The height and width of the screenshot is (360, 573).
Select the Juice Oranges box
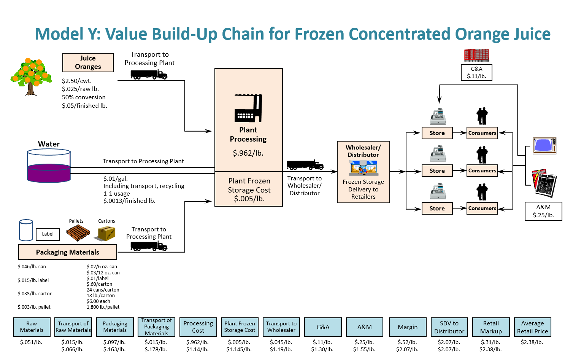pos(88,62)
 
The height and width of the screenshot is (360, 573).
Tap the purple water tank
pos(49,166)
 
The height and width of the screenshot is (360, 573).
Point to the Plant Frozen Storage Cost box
pos(249,190)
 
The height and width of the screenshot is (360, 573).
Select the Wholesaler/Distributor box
pos(363,172)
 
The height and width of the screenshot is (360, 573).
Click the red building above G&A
pos(476,55)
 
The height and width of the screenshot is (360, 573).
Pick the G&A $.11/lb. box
pos(476,72)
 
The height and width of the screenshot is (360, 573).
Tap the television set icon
pos(544,146)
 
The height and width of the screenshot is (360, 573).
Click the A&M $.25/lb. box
pos(543,211)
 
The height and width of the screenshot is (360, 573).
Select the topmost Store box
pos(437,133)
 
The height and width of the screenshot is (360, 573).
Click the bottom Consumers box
pos(482,209)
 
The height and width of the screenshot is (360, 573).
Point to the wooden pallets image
pos(78,233)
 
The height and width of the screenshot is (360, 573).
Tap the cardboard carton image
pos(106,233)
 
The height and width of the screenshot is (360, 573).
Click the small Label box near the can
pos(48,234)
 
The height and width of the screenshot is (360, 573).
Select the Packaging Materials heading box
pos(68,252)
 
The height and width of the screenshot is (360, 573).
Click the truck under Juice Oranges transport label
pos(149,75)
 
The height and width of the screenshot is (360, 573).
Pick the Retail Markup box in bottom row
pos(490,327)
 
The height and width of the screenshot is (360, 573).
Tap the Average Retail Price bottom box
pos(532,327)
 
